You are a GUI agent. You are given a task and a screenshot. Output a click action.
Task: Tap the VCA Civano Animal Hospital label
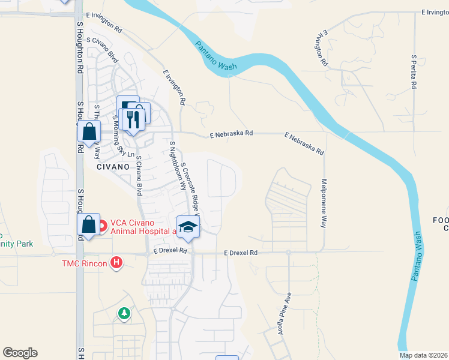pos(140,226)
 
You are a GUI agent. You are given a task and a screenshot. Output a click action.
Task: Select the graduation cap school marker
pos(188,226)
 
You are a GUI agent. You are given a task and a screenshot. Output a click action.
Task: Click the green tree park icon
pos(124,313)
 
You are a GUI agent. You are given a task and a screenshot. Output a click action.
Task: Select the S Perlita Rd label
pos(414,72)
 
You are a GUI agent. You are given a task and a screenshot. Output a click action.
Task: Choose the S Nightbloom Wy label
pos(177,166)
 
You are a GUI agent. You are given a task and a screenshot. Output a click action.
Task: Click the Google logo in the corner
pos(20,353)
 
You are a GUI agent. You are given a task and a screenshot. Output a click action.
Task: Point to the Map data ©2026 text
pos(423,355)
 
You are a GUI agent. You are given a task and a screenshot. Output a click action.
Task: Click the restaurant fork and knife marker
pos(133,117)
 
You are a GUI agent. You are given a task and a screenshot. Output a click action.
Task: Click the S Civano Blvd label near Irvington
pos(102,50)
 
